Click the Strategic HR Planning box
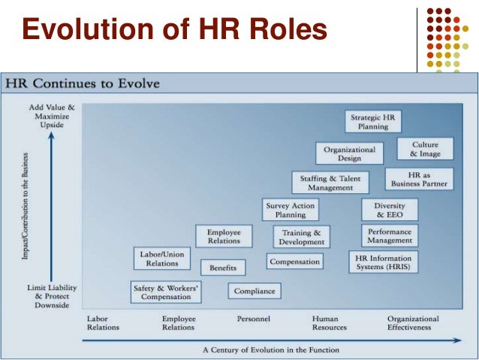(x=372, y=121)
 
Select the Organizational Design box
(x=349, y=153)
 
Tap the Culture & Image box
(x=425, y=149)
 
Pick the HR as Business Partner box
(x=419, y=179)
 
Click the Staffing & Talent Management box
(x=330, y=183)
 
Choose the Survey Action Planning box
(x=290, y=210)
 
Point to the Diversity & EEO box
(x=389, y=210)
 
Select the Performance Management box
(x=390, y=236)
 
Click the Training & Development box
(x=301, y=237)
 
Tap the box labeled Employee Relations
(x=224, y=237)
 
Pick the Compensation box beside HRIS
(x=295, y=262)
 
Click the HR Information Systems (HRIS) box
(x=383, y=262)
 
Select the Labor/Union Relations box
(x=162, y=259)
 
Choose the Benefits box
(x=223, y=267)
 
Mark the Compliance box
(x=254, y=291)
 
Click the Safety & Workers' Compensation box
(x=166, y=292)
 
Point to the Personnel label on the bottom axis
(x=254, y=319)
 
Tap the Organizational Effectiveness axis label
(x=413, y=323)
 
